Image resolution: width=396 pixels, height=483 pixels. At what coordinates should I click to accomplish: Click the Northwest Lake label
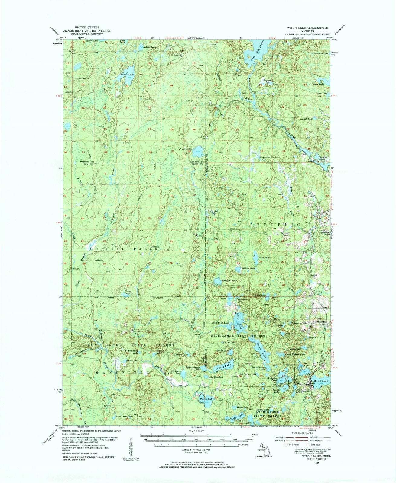tap(268, 158)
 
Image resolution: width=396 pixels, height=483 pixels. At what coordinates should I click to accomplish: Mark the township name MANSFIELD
tap(122, 373)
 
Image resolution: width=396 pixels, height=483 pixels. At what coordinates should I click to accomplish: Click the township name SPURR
tap(125, 89)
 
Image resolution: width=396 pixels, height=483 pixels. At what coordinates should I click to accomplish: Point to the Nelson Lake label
tap(149, 47)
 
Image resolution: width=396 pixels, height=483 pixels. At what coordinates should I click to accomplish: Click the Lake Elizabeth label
tap(216, 377)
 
